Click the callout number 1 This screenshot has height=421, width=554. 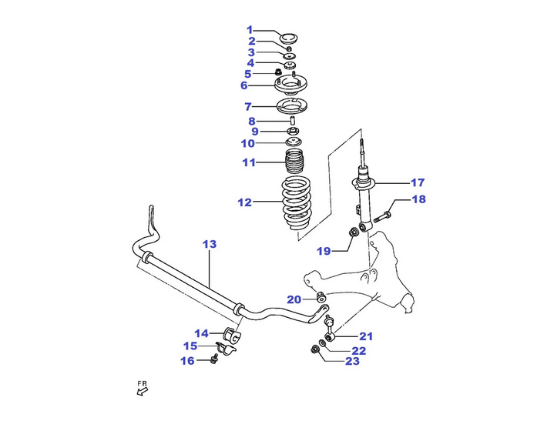click(250, 29)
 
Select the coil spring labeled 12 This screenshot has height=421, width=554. click(294, 206)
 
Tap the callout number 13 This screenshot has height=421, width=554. click(210, 244)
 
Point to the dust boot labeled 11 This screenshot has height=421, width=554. click(294, 162)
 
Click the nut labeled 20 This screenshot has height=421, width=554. click(321, 297)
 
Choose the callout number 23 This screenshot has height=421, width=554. click(352, 360)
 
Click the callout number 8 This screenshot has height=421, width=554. click(251, 121)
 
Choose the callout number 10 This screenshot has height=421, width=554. click(247, 143)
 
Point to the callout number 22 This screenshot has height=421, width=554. click(359, 350)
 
